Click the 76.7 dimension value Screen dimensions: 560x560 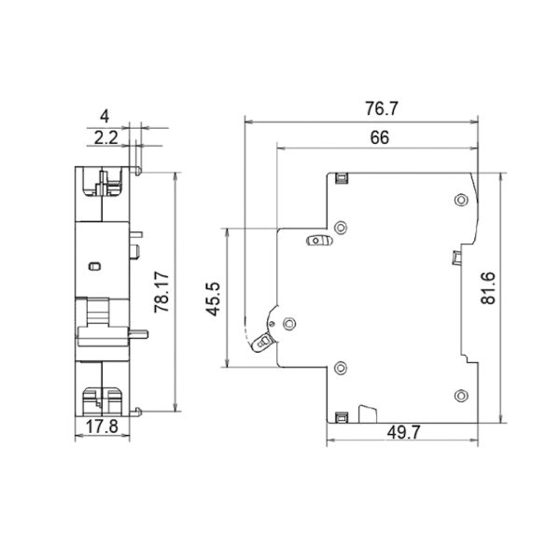381,108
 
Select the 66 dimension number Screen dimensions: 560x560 379,138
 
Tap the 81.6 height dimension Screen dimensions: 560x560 488,288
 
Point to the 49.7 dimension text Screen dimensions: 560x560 403,433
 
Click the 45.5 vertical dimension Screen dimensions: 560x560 213,300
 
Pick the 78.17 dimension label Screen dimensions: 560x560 161,292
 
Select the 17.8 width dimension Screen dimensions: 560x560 102,427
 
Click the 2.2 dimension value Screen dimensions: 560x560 105,138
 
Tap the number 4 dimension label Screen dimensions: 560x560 105,117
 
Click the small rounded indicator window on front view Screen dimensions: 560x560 94,266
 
